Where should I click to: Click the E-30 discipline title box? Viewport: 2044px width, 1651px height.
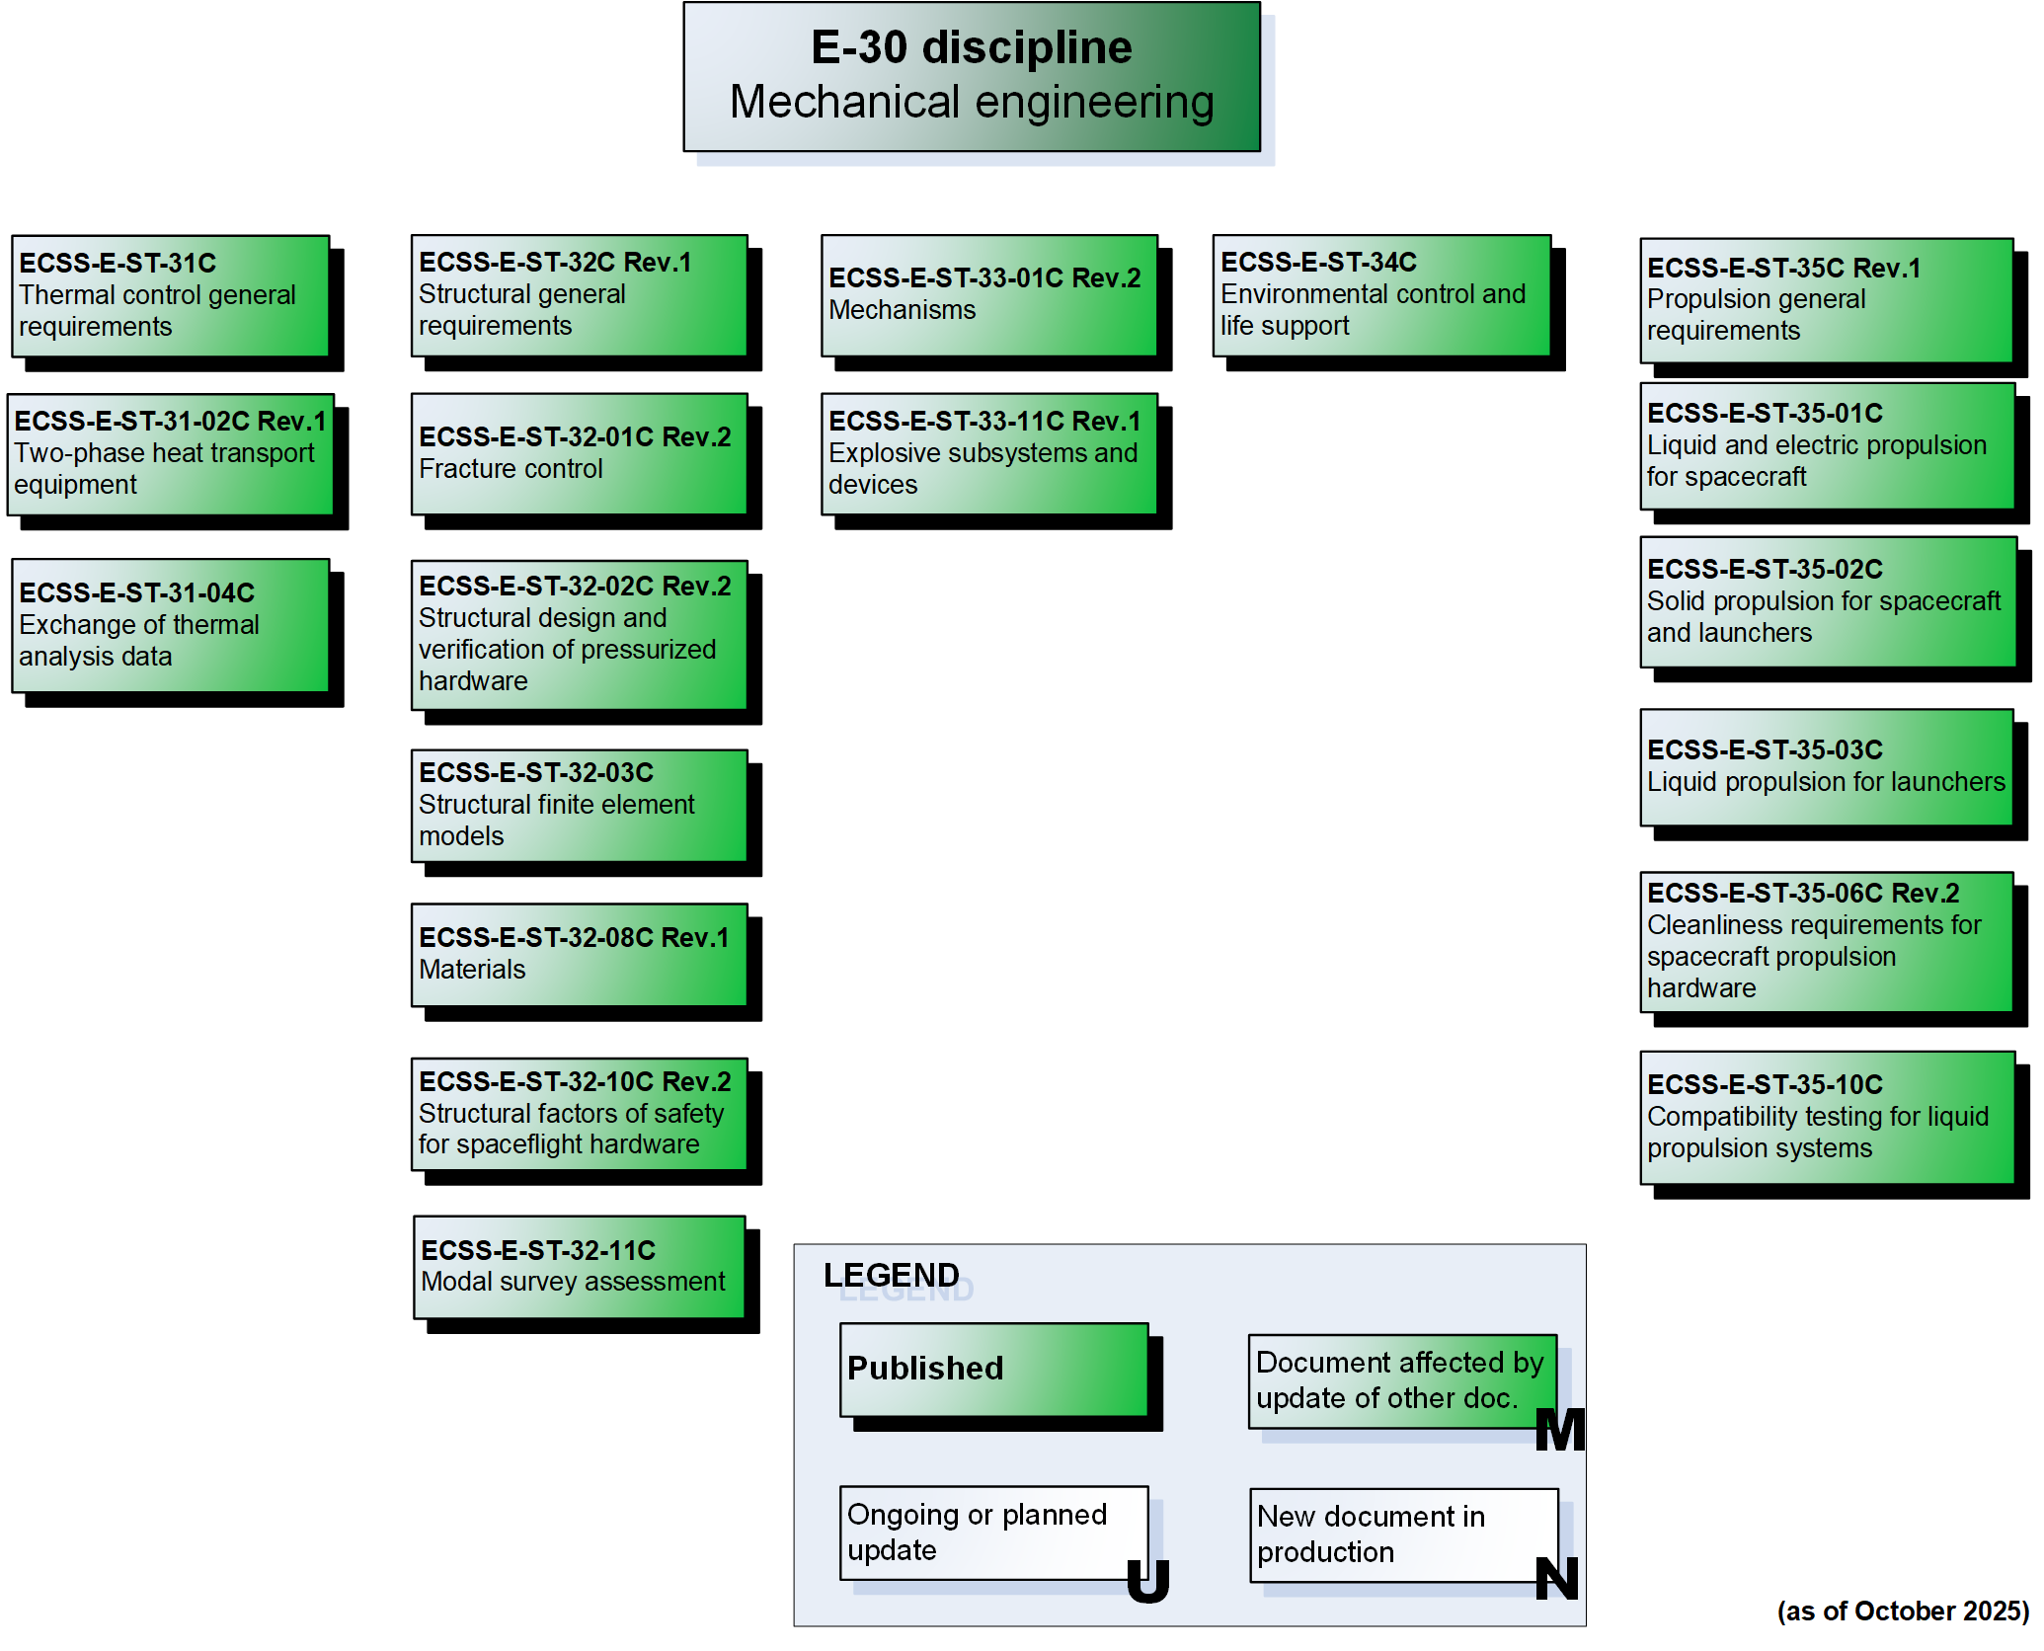tap(972, 77)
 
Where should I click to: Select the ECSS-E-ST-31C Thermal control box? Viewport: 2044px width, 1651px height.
tap(170, 295)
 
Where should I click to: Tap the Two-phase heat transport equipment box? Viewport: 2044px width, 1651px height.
tap(170, 454)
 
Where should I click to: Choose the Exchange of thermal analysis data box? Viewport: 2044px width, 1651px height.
tap(170, 625)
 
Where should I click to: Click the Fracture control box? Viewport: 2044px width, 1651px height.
tap(579, 454)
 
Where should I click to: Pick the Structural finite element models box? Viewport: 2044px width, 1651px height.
tap(579, 805)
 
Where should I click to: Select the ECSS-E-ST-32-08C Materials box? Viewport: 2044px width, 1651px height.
tap(579, 954)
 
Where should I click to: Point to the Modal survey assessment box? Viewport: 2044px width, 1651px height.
tap(579, 1267)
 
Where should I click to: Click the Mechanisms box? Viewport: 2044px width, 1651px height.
tap(988, 295)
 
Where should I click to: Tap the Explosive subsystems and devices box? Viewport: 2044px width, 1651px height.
tap(988, 454)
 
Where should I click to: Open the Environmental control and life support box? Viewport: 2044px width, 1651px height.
tap(1381, 295)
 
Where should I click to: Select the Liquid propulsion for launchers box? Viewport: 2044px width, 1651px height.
tap(1826, 767)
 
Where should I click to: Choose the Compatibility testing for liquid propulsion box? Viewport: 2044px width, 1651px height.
tap(1826, 1117)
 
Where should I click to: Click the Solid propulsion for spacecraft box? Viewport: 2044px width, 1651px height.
tap(1828, 601)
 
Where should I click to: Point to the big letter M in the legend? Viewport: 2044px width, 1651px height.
tap(1560, 1430)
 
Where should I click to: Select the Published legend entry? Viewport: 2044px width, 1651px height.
tap(993, 1370)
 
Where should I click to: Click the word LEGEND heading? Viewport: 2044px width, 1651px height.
tap(892, 1275)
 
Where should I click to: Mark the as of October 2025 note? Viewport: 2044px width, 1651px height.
tap(1902, 1612)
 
